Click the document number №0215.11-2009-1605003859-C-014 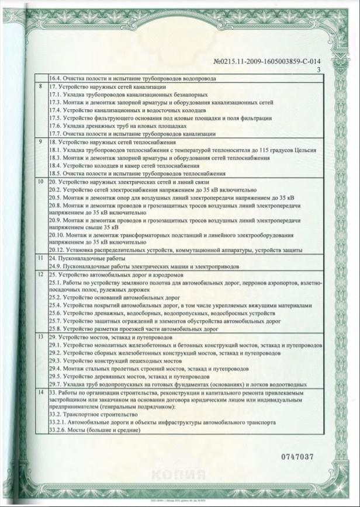pyautogui.click(x=268, y=61)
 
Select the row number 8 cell pyautogui.click(x=40, y=86)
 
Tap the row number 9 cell pyautogui.click(x=40, y=143)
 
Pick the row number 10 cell pyautogui.click(x=40, y=182)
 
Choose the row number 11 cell pyautogui.click(x=40, y=258)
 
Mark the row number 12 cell pyautogui.click(x=40, y=273)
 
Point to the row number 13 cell pyautogui.click(x=40, y=337)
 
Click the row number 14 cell pyautogui.click(x=40, y=394)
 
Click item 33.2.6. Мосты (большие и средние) pyautogui.click(x=95, y=430)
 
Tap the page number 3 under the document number pyautogui.click(x=319, y=70)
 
